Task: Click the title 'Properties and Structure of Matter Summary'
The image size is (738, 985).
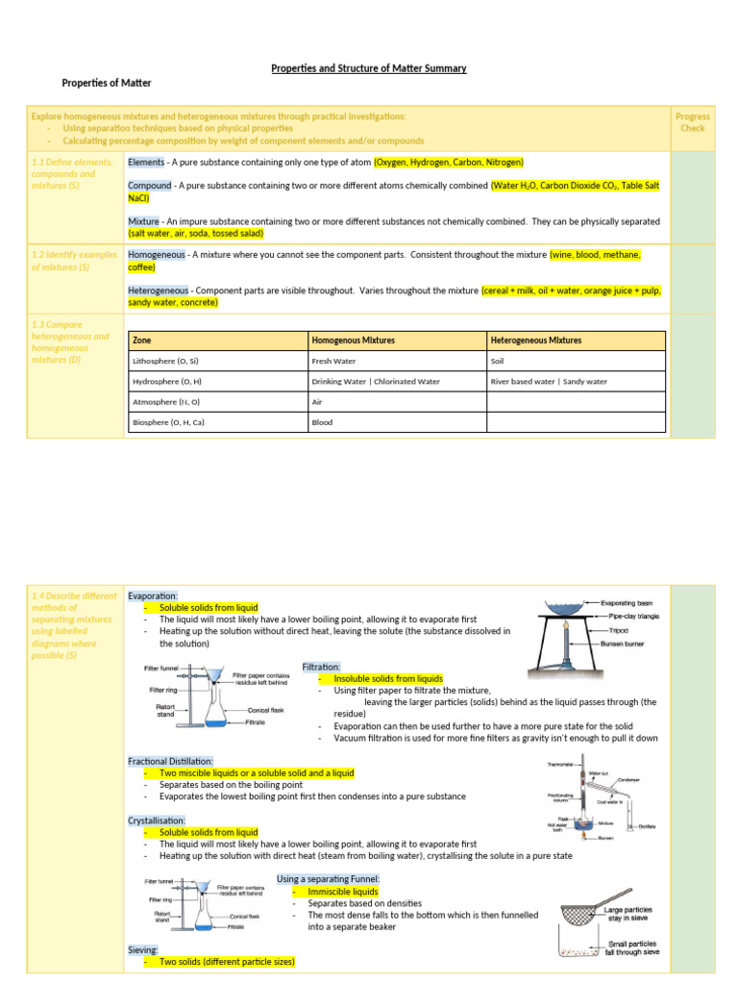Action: point(369,68)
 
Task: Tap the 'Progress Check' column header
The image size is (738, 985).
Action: point(692,122)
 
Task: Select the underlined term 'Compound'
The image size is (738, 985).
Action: point(149,186)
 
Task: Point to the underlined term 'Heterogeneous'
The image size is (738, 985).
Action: point(160,290)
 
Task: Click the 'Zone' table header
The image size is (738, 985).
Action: point(142,341)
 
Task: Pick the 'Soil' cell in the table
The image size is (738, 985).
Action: point(499,361)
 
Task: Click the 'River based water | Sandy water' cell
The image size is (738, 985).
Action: point(549,381)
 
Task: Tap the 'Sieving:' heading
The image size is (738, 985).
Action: point(143,949)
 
